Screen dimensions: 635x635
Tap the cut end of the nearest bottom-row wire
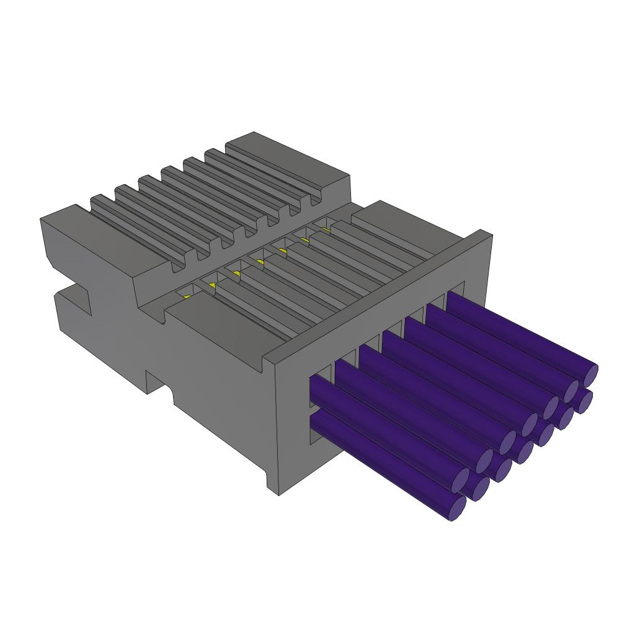click(457, 508)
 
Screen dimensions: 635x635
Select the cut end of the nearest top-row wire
click(461, 479)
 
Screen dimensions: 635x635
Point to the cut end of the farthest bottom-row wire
click(584, 401)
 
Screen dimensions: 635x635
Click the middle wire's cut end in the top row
click(528, 425)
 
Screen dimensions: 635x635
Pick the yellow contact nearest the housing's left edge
click(187, 296)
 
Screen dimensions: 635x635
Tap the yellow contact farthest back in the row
click(325, 229)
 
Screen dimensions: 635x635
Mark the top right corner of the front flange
click(487, 233)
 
